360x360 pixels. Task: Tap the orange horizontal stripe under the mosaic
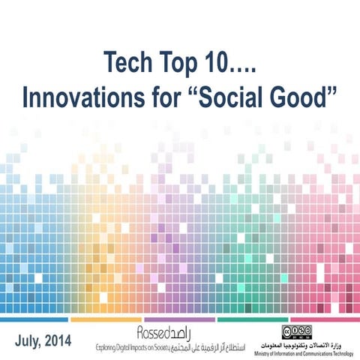click(106, 319)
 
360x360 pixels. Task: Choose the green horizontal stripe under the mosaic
click(251, 319)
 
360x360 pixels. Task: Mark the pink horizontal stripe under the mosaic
click(324, 319)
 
